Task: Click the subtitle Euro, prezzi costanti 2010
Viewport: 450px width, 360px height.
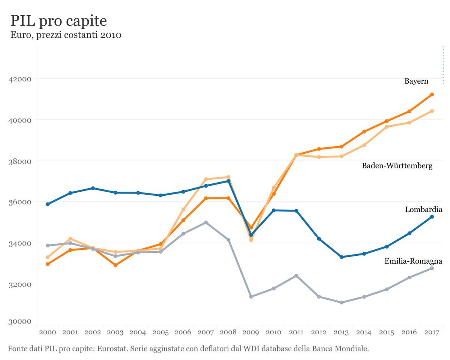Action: coord(66,36)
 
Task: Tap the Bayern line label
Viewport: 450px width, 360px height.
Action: coord(416,81)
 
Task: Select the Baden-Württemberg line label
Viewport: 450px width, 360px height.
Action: coord(397,166)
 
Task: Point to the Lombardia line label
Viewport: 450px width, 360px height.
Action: coord(424,210)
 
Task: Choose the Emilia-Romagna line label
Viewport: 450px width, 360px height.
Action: coord(413,261)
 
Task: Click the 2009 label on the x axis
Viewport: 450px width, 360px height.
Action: coord(251,332)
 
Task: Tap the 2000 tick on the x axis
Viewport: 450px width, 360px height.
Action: coord(48,332)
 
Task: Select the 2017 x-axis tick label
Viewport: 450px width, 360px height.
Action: coord(432,332)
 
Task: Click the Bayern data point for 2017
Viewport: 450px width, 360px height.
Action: coord(432,94)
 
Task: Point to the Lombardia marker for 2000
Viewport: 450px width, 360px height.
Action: coord(48,204)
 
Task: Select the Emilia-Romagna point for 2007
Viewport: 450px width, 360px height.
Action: coord(206,222)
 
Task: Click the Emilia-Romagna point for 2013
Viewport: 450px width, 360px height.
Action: coord(342,302)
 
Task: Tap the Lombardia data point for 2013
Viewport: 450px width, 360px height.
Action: coord(342,257)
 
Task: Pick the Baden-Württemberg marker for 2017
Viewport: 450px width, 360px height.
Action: coord(432,111)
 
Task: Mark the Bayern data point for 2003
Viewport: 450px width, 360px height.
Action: coord(115,265)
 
